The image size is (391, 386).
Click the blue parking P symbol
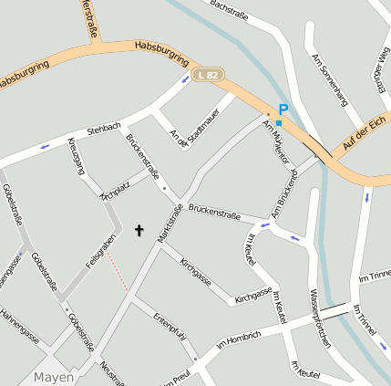[283, 108]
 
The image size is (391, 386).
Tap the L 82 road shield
[208, 75]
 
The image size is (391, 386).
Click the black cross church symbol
[139, 231]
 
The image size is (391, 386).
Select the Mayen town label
[53, 376]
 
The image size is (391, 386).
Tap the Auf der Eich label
[366, 133]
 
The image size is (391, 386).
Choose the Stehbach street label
[104, 130]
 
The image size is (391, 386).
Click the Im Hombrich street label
[239, 340]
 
